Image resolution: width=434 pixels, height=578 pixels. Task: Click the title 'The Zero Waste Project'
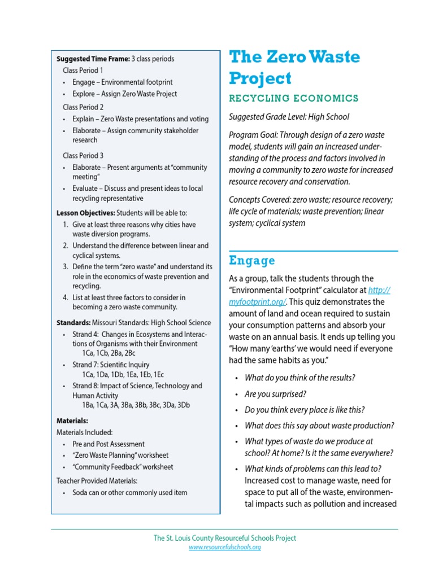(x=294, y=68)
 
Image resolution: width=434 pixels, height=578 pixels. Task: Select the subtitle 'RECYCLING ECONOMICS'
(x=293, y=98)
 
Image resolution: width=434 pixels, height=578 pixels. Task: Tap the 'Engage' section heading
(x=252, y=261)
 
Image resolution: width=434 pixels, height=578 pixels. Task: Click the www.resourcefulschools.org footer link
(x=224, y=547)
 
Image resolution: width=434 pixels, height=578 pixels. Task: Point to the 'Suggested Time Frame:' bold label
(x=93, y=59)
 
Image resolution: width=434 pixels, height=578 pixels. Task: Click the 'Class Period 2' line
(x=83, y=107)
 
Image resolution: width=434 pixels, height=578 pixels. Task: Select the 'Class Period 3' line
(x=83, y=155)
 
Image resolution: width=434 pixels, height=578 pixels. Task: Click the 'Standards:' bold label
(x=73, y=323)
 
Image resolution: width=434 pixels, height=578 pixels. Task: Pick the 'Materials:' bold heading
(x=72, y=421)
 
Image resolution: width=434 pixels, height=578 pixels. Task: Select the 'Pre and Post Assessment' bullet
(x=108, y=444)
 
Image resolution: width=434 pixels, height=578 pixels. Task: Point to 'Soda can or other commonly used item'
(x=129, y=492)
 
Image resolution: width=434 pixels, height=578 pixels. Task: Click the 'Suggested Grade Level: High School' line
(x=289, y=117)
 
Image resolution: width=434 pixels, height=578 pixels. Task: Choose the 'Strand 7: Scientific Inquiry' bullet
(x=111, y=365)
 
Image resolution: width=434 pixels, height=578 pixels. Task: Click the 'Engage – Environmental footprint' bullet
(x=122, y=82)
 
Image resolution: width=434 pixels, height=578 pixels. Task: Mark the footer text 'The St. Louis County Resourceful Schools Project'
(x=224, y=538)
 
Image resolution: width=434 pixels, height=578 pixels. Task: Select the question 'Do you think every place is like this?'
(x=305, y=410)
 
